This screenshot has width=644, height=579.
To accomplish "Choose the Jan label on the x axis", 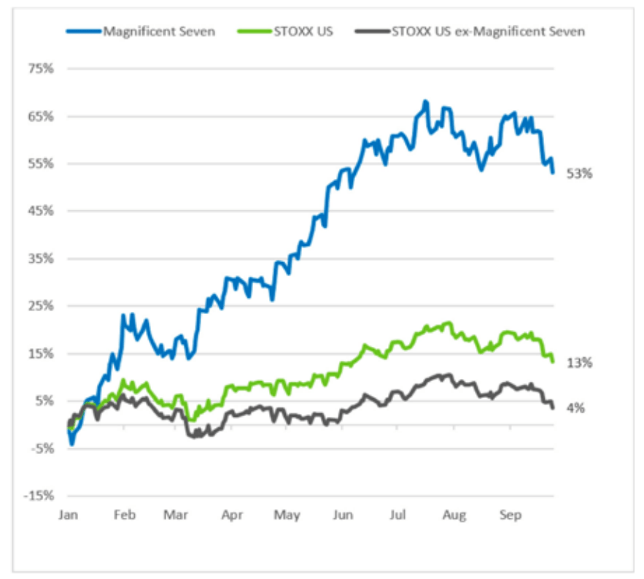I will (68, 515).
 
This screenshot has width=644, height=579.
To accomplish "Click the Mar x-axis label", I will (176, 515).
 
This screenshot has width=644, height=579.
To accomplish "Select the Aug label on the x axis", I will (454, 515).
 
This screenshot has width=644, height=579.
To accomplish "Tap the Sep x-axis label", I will (510, 515).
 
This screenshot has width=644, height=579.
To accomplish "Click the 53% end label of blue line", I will (581, 174).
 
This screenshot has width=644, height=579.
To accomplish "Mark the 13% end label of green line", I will (581, 362).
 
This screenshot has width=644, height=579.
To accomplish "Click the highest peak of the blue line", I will (425, 101).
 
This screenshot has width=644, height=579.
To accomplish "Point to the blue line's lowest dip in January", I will (71, 443).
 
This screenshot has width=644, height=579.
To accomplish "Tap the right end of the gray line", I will (554, 407).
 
